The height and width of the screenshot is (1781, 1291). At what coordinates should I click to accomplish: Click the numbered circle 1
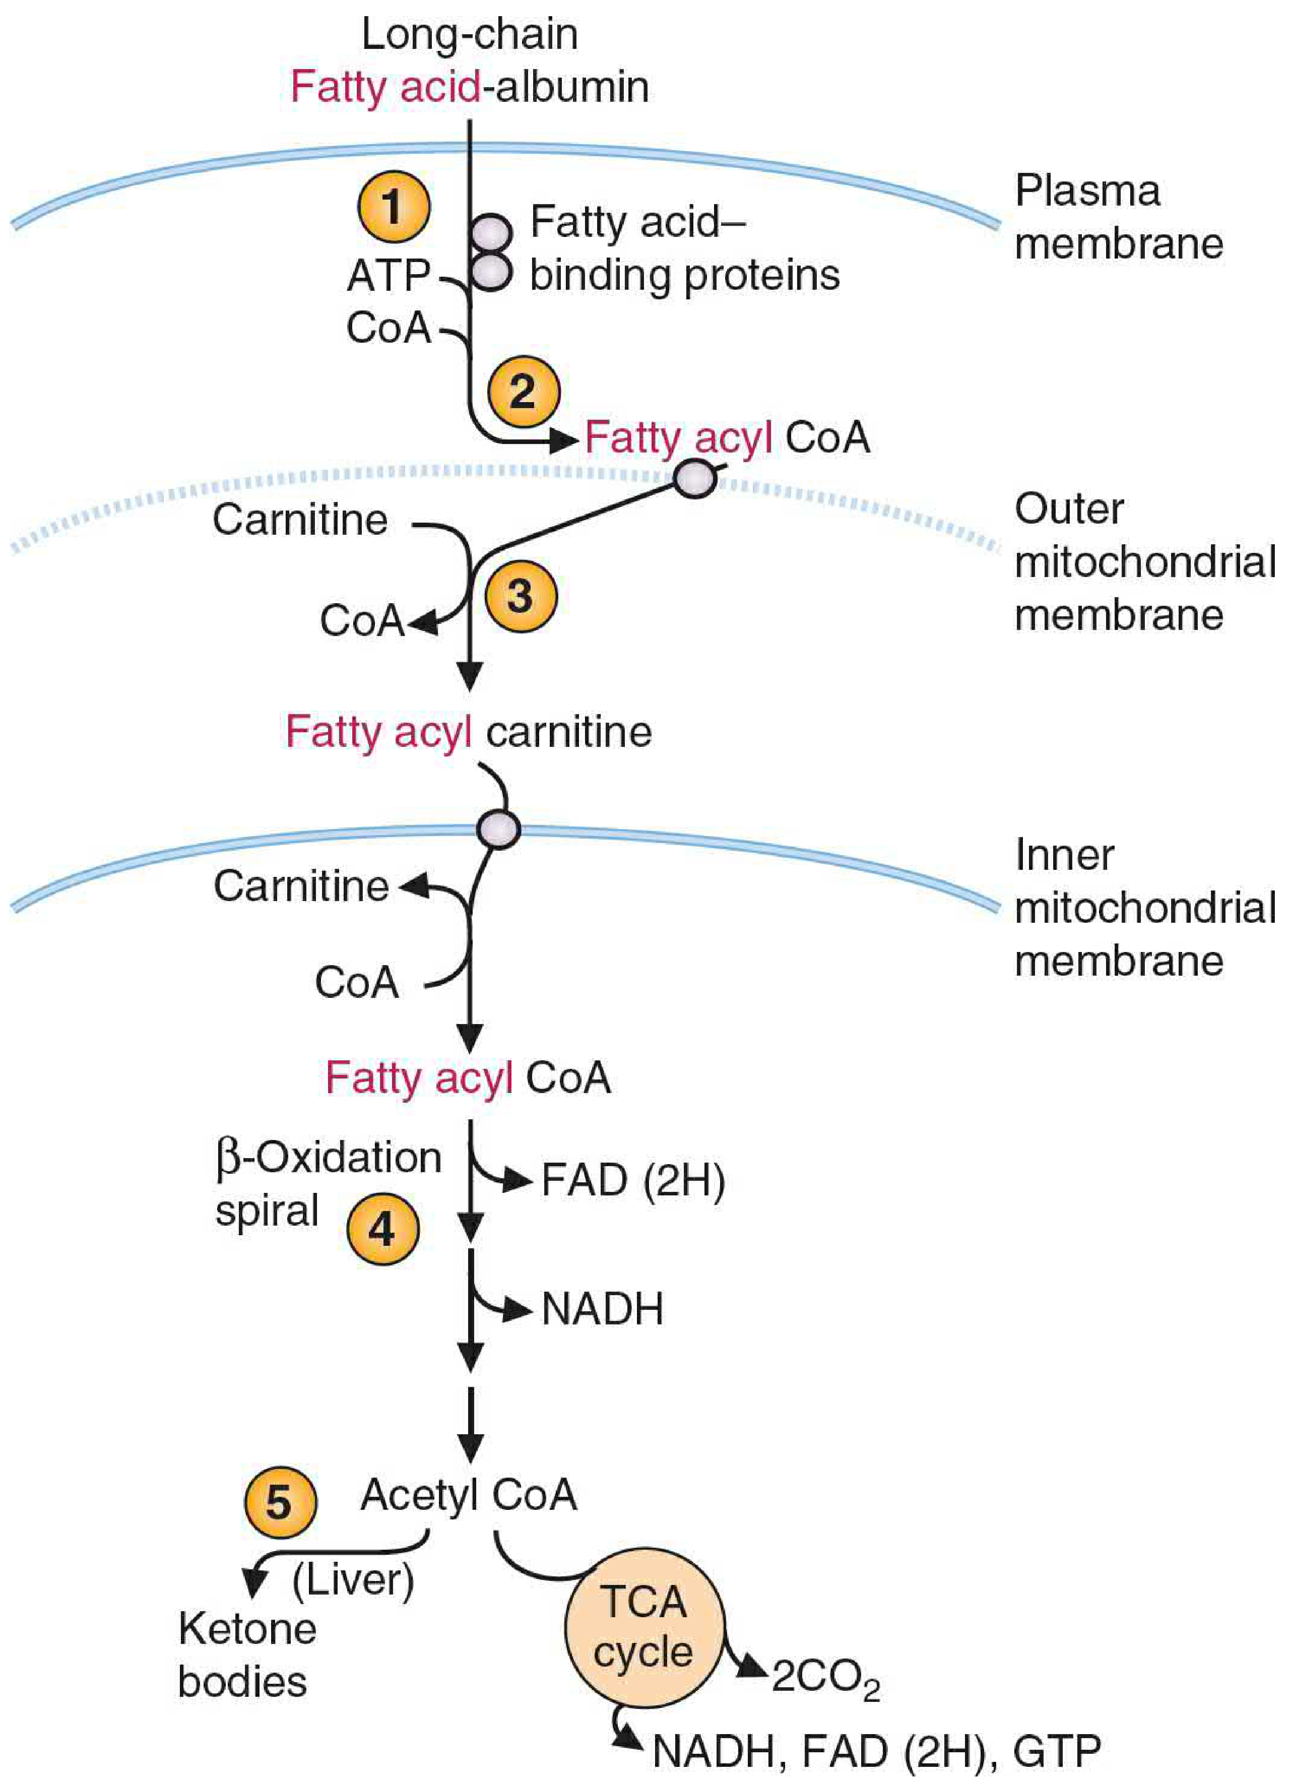point(394,207)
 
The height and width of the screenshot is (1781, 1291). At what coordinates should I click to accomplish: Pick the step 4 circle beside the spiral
point(382,1229)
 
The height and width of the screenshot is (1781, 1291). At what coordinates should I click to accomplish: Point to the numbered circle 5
point(280,1502)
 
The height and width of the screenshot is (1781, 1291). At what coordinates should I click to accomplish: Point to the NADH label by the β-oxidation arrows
point(602,1309)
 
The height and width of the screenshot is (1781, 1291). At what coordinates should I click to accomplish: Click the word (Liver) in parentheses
point(353,1579)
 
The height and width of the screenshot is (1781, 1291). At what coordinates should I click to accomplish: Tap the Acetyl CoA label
point(469,1494)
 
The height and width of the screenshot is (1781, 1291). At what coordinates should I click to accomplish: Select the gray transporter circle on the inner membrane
point(499,829)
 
